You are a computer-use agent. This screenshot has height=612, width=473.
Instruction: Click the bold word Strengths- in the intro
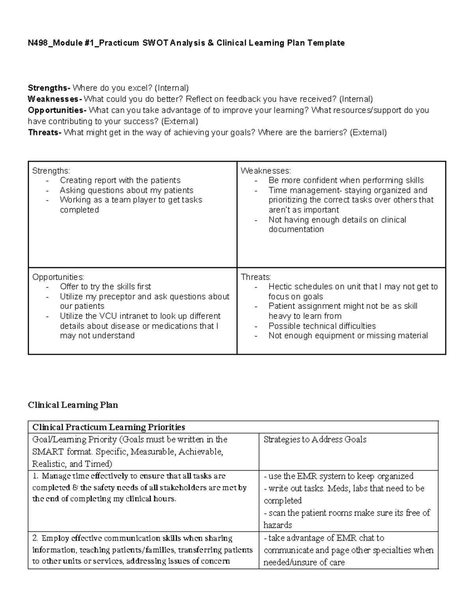[x=49, y=88]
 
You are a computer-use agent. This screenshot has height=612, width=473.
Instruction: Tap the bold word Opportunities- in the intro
[x=57, y=110]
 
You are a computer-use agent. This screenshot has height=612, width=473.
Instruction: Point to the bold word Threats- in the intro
[x=45, y=133]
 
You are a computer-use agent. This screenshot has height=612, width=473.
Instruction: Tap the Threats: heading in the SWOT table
[x=256, y=277]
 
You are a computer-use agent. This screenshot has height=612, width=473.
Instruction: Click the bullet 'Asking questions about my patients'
[x=126, y=190]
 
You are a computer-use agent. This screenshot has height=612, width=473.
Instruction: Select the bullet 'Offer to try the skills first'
[x=105, y=286]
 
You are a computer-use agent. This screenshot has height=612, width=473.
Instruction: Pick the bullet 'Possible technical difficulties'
[x=322, y=326]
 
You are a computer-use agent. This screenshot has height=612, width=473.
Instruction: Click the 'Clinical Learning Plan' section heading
[x=73, y=405]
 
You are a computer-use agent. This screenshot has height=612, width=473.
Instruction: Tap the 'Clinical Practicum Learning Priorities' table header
[x=108, y=427]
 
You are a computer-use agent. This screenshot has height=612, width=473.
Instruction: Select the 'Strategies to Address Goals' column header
[x=315, y=439]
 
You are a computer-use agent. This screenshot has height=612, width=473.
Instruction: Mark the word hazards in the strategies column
[x=278, y=525]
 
